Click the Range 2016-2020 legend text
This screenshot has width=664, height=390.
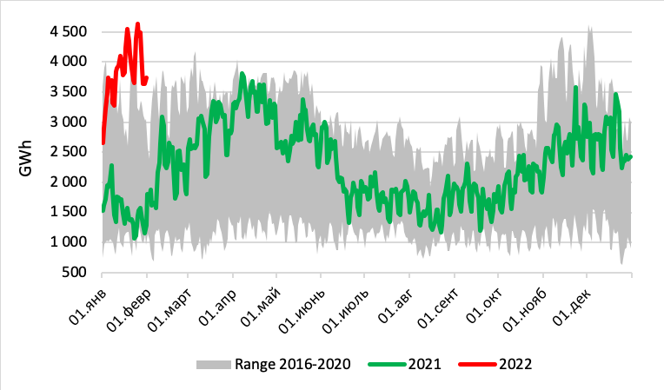[x=292, y=364]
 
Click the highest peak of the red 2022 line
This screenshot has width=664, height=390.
[x=138, y=23]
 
